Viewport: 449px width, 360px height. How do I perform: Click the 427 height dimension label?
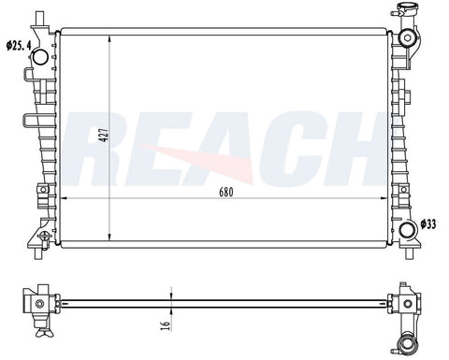click(105, 135)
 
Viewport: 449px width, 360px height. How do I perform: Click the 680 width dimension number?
click(226, 193)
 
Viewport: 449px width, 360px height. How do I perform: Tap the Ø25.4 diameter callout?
click(19, 46)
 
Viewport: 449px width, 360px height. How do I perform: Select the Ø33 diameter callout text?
click(428, 224)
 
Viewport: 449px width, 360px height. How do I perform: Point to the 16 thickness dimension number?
click(167, 325)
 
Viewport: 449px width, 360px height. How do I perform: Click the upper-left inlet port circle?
click(40, 57)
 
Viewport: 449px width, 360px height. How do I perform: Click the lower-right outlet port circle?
click(408, 231)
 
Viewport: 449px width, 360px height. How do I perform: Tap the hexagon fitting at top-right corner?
click(408, 37)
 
